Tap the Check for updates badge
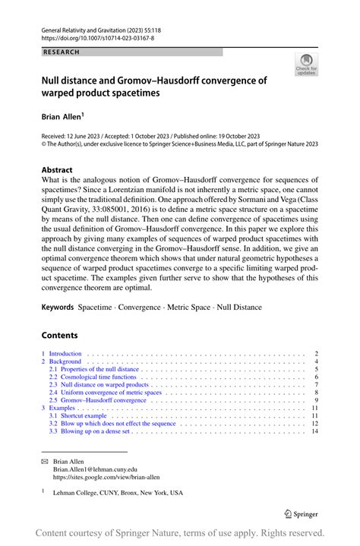pos(307,65)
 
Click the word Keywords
pos(58,307)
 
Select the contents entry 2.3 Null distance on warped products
pos(99,385)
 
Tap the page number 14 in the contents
pos(314,431)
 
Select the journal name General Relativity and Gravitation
pos(96,27)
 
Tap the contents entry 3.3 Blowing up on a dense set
pos(90,431)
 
